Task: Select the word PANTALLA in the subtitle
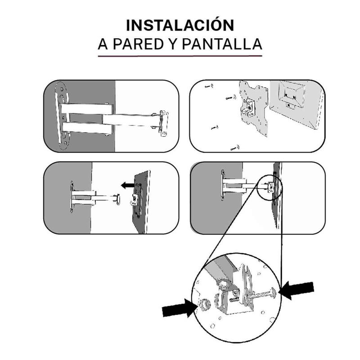(222, 44)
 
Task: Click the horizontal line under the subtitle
(180, 56)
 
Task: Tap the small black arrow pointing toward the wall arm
(128, 185)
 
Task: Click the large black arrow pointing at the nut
(179, 308)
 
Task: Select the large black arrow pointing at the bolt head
(296, 290)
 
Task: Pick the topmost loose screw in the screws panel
(209, 86)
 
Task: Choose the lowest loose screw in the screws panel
(235, 148)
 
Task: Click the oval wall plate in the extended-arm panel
(62, 116)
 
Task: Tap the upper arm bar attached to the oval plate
(87, 108)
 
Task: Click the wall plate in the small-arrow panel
(72, 197)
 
